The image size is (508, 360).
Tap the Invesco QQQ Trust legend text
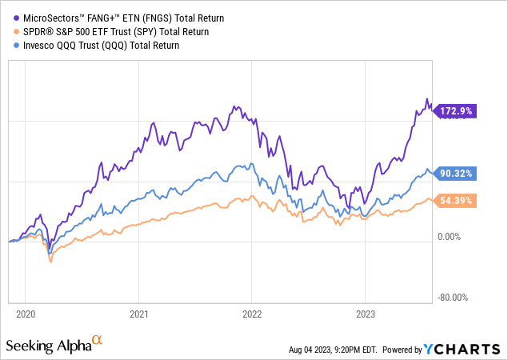click(x=97, y=46)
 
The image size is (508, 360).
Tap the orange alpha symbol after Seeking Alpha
click(x=98, y=341)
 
